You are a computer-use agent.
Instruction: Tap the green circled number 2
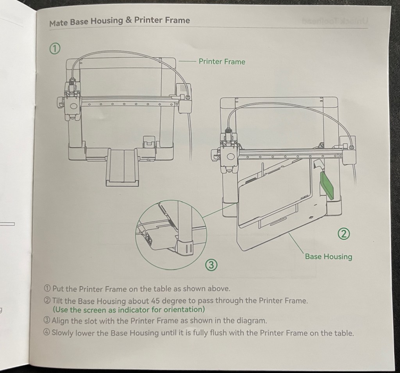coord(343,234)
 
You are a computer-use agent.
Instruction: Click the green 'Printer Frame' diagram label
coord(222,62)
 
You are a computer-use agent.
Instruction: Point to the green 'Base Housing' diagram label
coord(328,257)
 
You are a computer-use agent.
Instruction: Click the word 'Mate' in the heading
coord(59,23)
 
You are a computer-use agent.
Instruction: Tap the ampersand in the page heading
coord(129,21)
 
